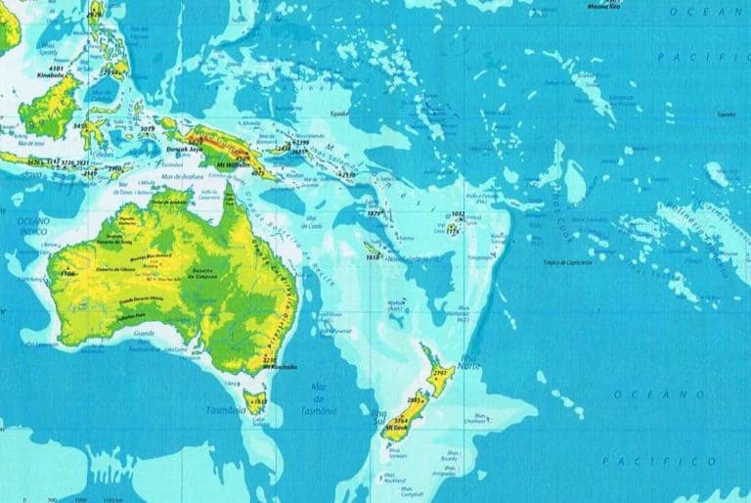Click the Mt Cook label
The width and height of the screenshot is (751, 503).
coord(397,427)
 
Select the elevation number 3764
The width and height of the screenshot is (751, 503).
coord(398,418)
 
